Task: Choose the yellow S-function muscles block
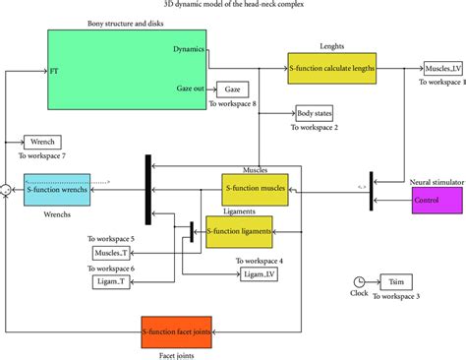[x=255, y=189]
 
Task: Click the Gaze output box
[x=231, y=90]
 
